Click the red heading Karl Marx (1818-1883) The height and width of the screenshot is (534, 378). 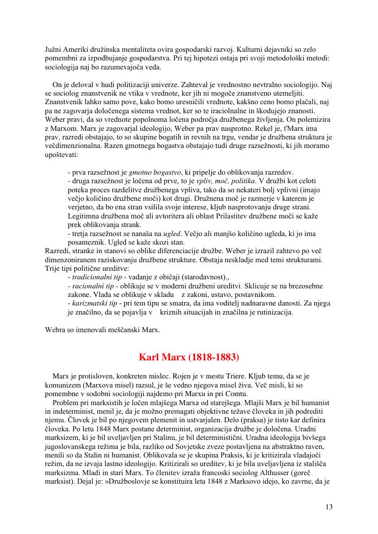pyautogui.click(x=189, y=358)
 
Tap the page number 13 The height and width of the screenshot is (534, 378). pyautogui.click(x=329, y=507)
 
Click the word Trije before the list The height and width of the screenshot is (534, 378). pyautogui.click(x=54, y=268)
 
